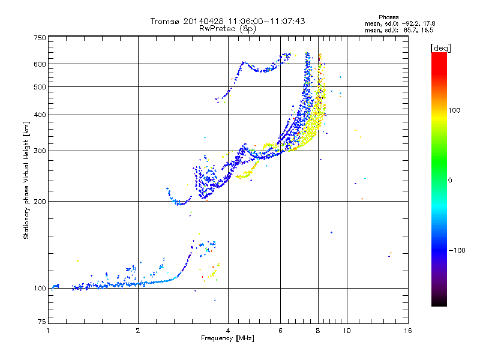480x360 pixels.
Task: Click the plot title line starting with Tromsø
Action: pos(227,21)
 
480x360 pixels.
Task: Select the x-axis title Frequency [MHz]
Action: pos(227,339)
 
